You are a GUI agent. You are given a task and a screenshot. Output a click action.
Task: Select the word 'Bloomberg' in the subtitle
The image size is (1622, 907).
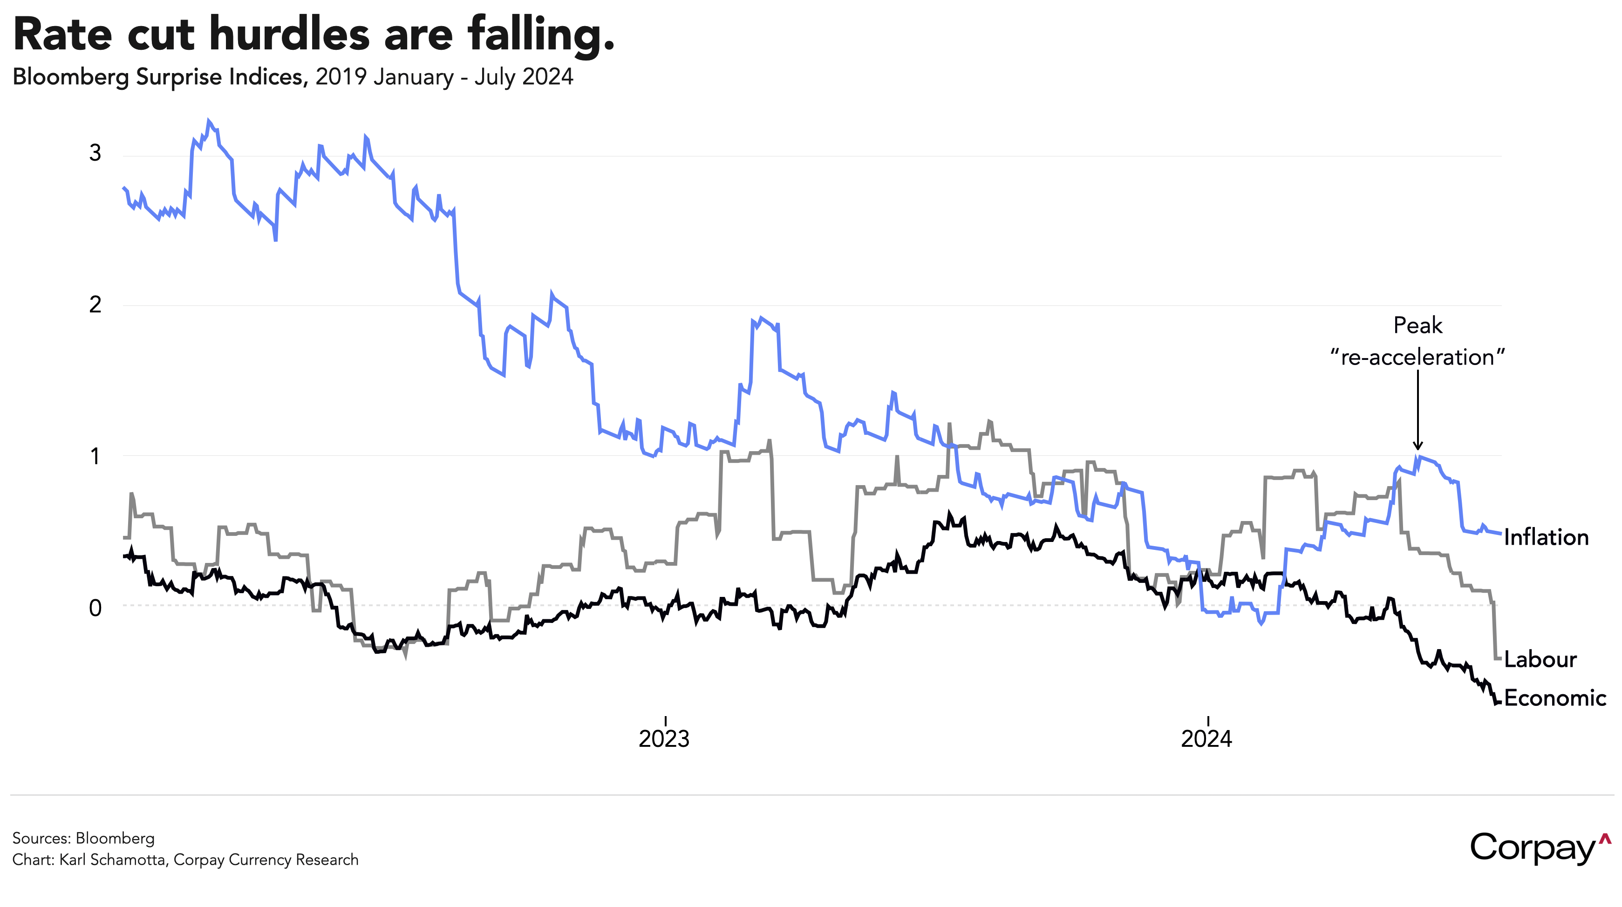point(70,77)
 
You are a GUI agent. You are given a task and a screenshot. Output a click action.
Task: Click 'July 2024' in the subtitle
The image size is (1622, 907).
point(524,77)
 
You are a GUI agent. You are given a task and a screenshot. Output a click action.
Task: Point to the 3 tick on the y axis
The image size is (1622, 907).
point(95,153)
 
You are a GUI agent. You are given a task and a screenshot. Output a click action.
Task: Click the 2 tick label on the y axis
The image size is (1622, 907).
point(95,305)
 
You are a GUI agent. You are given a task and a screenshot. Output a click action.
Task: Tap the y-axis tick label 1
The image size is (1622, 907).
point(95,456)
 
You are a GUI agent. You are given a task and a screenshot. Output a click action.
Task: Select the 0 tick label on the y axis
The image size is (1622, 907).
point(95,608)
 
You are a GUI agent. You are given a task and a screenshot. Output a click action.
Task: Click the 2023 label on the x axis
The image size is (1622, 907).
point(664,738)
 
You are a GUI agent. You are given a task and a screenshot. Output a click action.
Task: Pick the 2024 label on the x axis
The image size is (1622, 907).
point(1206,738)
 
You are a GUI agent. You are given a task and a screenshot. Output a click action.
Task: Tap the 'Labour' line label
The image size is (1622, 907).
point(1540,660)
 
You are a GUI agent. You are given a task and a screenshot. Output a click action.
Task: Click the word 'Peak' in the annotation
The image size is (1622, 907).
point(1418,325)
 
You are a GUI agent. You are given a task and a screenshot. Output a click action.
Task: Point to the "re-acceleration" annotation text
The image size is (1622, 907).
point(1418,358)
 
